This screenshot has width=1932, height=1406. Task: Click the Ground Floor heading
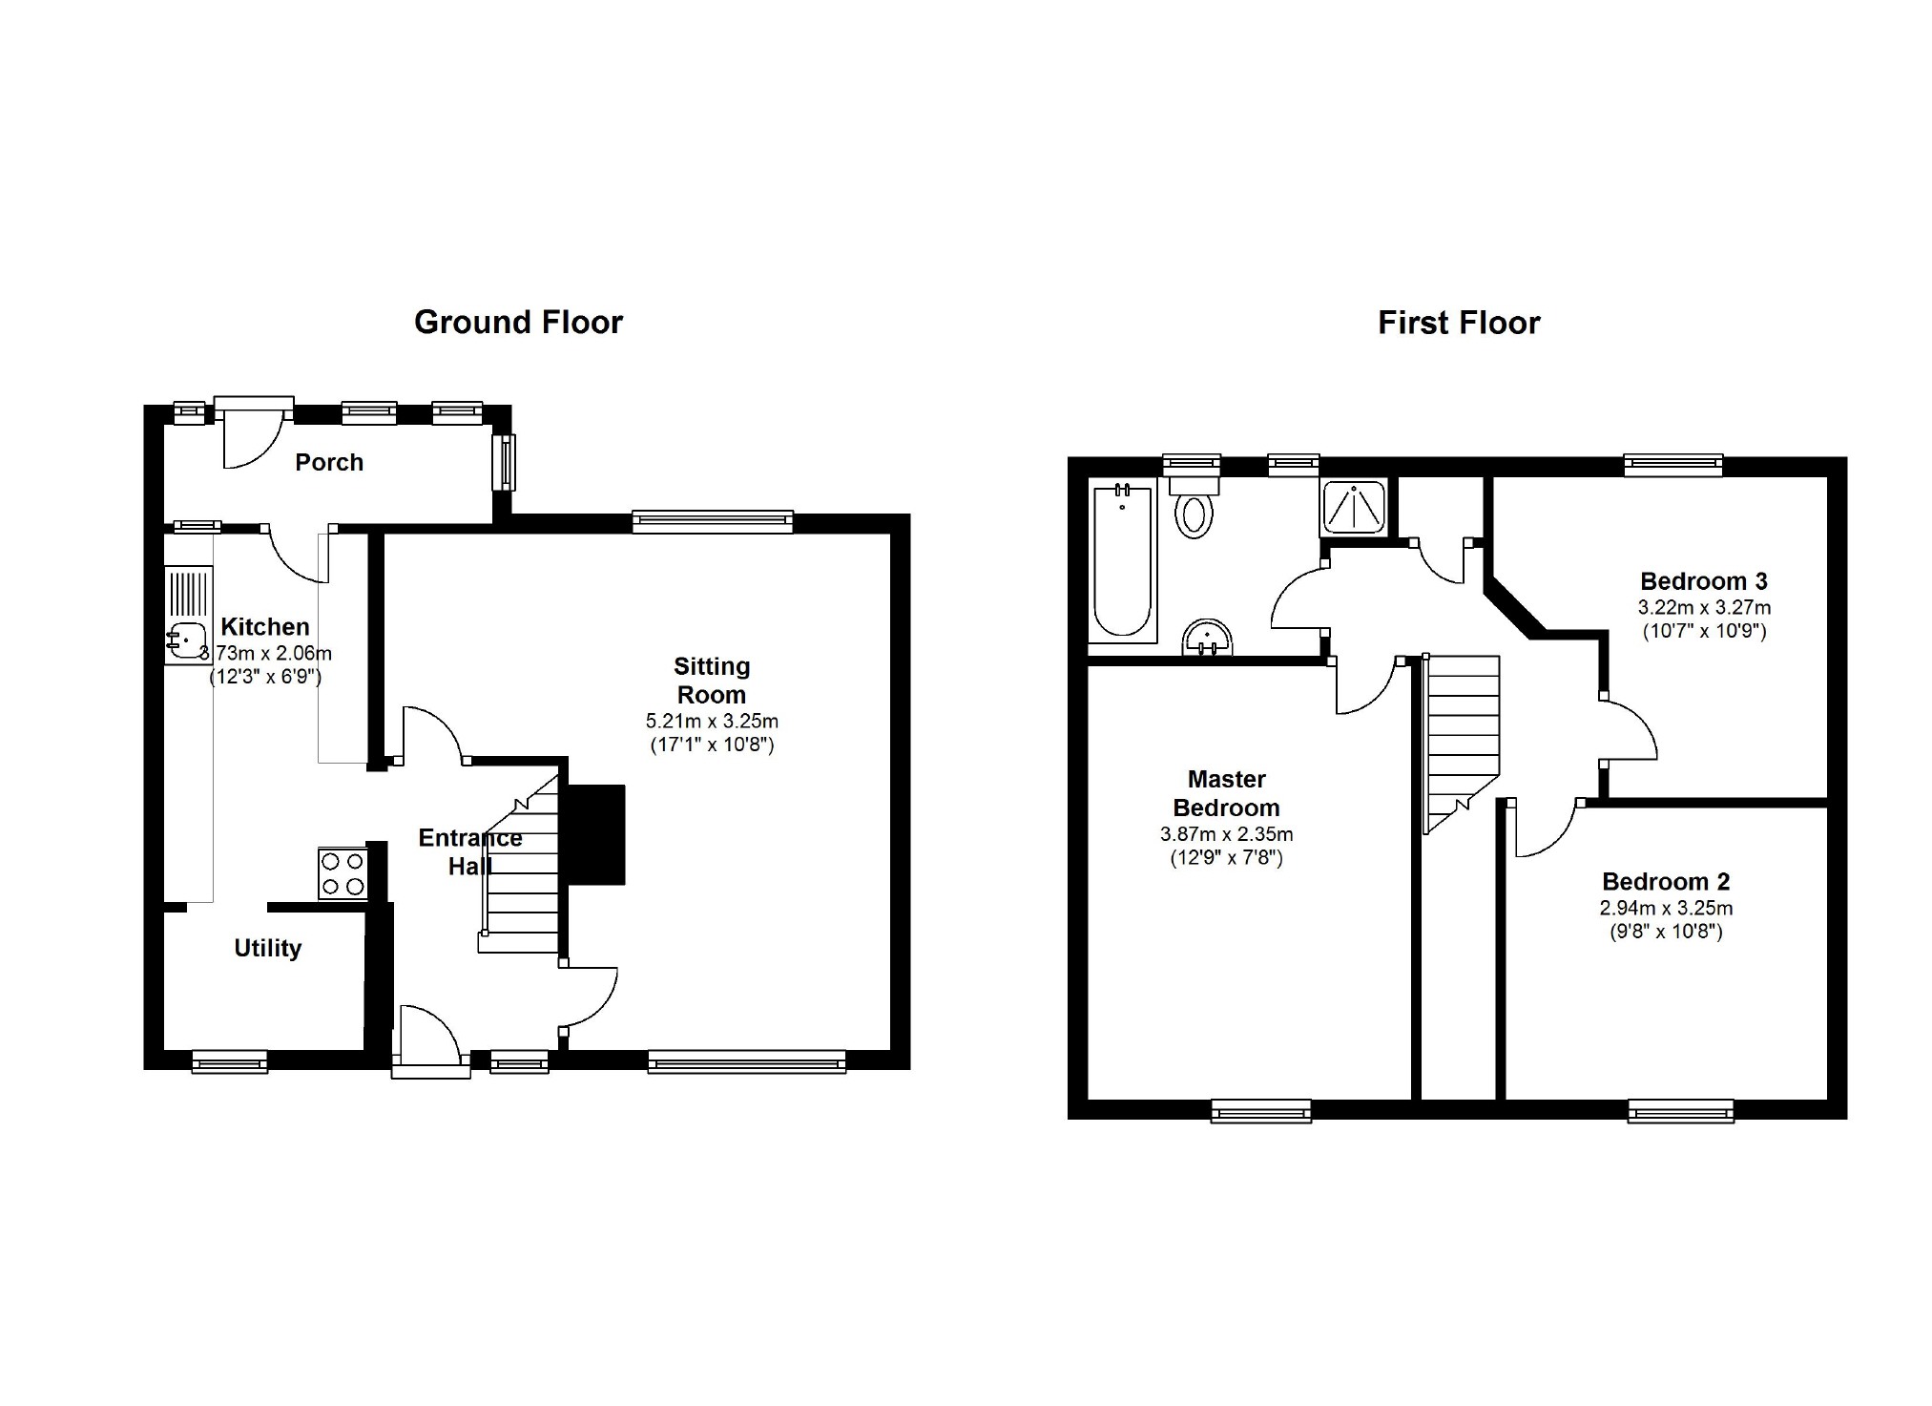[518, 323]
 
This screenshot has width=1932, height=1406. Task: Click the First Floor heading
[1458, 323]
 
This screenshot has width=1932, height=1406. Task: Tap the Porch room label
[329, 463]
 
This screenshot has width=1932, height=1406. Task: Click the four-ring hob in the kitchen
[343, 873]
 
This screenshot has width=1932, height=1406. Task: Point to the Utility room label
[267, 948]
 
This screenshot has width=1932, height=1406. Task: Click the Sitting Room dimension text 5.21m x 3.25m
[712, 722]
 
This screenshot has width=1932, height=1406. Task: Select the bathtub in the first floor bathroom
[1122, 563]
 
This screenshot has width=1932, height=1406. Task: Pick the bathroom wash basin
[1208, 638]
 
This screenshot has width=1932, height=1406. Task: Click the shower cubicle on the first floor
[1354, 507]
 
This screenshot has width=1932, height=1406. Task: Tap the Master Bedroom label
[1226, 793]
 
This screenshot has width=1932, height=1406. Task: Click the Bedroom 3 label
[1703, 581]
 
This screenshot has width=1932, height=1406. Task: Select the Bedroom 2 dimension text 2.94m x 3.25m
[1666, 909]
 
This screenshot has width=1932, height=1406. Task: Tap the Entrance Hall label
[469, 851]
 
